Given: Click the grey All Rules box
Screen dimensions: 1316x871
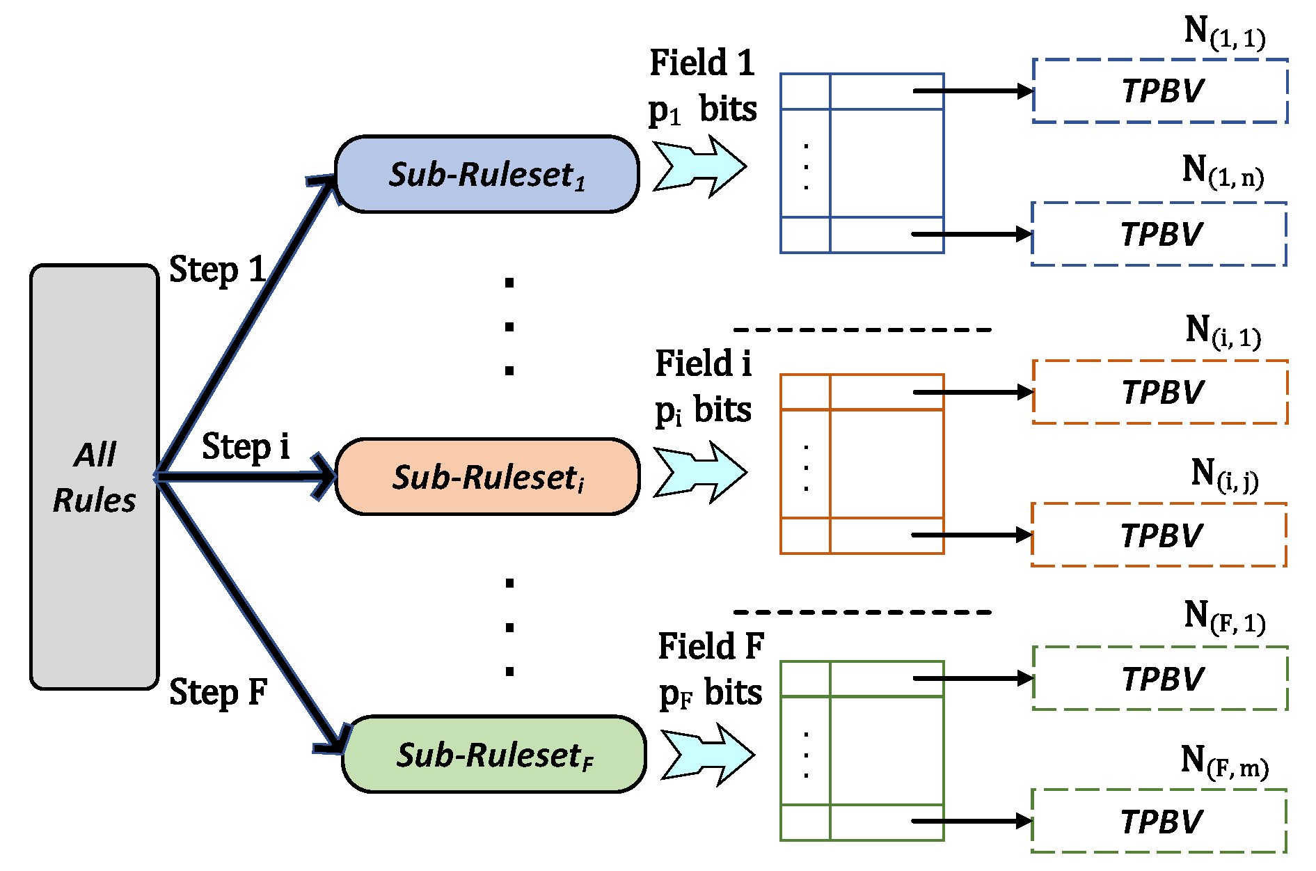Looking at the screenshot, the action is point(95,477).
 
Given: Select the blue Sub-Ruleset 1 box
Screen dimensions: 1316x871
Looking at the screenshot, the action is point(487,174).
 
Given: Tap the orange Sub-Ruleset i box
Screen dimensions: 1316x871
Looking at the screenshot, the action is point(488,477).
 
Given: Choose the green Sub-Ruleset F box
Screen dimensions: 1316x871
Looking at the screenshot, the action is point(494,754).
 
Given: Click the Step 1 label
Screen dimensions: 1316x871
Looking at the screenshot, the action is point(218,270).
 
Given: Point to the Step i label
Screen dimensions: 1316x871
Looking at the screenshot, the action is point(246,447).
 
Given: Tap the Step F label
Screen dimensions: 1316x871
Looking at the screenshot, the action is point(219,693).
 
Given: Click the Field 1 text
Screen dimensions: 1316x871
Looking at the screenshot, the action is point(702,63).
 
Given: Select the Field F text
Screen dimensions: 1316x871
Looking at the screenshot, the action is point(711,646).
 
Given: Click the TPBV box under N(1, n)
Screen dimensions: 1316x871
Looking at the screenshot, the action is point(1159,234).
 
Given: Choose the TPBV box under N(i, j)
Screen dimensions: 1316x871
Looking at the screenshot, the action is point(1159,535).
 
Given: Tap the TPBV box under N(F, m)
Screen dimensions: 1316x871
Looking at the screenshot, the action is point(1159,821).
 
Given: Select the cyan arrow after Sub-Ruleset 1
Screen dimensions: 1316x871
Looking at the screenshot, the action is point(699,166).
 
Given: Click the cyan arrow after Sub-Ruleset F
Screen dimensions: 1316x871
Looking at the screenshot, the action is point(707,755).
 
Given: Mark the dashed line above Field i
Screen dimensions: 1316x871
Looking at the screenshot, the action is point(862,329).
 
